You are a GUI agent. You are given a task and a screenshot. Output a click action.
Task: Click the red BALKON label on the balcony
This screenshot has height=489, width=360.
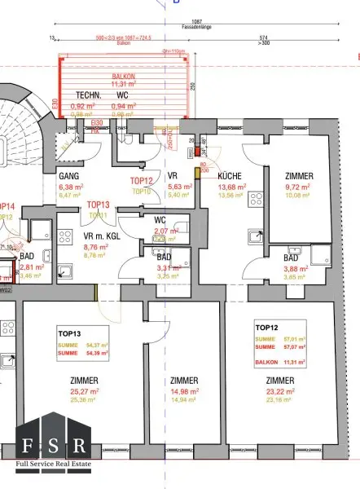(124, 76)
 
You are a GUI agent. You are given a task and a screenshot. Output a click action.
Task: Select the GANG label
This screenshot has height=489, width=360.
(67, 176)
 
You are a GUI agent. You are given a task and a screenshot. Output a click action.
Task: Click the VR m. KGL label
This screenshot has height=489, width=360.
(102, 236)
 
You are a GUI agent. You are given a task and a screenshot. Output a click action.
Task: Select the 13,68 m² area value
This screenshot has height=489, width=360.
(232, 187)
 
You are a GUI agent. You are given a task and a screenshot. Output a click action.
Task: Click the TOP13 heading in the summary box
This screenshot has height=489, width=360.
(69, 333)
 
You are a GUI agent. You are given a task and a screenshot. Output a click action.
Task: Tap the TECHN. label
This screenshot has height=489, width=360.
(88, 95)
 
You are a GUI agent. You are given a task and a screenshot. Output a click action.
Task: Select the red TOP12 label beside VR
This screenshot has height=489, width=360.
(142, 181)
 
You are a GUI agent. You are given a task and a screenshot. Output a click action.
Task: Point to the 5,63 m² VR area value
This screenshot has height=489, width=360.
(179, 187)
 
